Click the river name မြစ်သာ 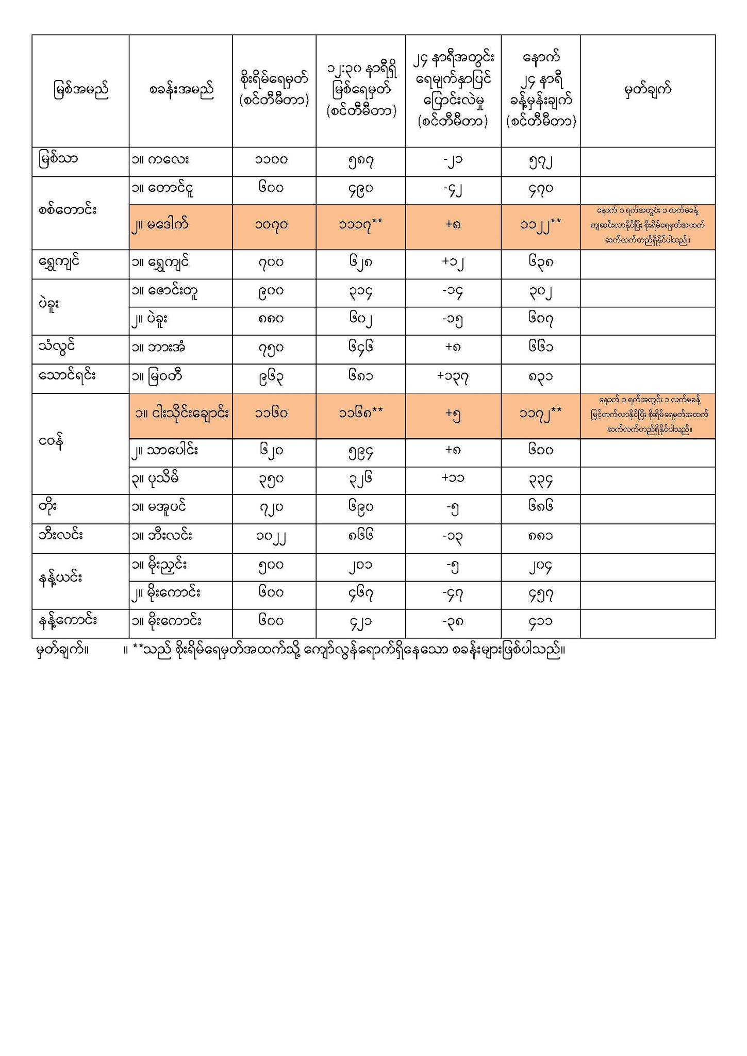(x=59, y=159)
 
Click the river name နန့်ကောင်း (x=68, y=621)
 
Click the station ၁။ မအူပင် (x=159, y=507)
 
